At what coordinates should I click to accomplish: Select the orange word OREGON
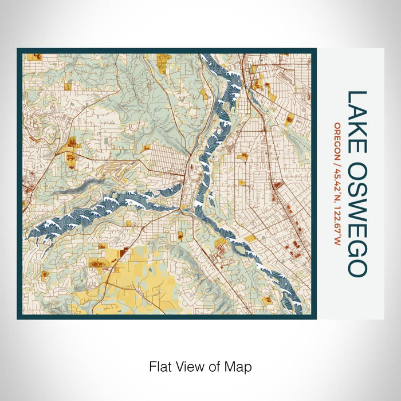(x=337, y=141)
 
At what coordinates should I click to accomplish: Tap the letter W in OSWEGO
(x=357, y=199)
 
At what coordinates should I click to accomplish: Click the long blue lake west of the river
(x=115, y=206)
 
